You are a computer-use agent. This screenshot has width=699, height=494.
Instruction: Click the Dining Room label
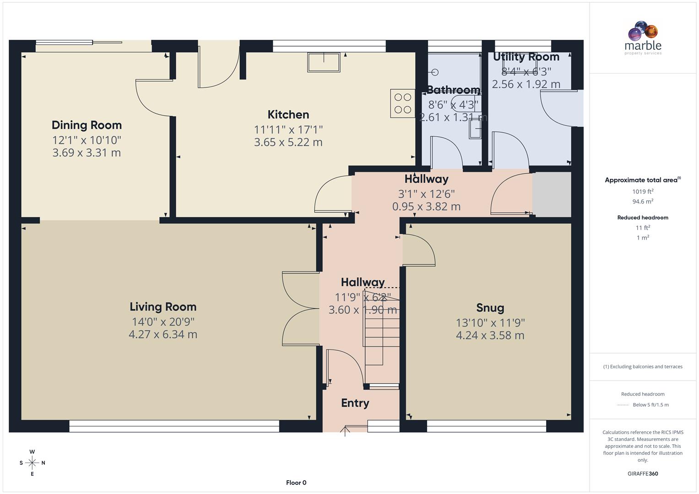tap(87, 125)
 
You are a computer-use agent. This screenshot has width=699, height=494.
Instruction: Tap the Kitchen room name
tap(288, 114)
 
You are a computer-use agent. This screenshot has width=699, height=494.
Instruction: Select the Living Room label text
tap(163, 306)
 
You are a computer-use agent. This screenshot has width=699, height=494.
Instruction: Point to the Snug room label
tap(490, 308)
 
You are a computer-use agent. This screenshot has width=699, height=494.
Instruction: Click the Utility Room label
tap(526, 57)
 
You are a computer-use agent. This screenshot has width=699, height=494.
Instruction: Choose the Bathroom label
tap(453, 90)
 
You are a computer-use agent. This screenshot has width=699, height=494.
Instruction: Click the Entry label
tap(355, 403)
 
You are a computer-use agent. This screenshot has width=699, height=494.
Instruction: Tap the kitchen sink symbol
tap(324, 62)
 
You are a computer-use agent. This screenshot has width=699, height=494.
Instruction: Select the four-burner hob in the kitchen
tap(402, 103)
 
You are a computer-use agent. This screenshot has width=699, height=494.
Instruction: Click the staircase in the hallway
tap(381, 338)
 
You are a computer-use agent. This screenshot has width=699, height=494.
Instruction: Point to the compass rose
tap(32, 463)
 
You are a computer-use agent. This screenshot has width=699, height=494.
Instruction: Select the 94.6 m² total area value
tap(643, 202)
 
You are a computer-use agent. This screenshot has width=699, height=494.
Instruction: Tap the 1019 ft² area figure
tap(643, 192)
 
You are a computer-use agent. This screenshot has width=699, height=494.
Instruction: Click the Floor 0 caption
tap(296, 483)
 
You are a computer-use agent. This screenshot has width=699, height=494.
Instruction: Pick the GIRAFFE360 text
tap(643, 473)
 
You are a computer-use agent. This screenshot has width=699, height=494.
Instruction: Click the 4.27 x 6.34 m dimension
tap(163, 334)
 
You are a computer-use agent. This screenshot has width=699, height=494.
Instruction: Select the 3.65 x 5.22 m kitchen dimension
tap(288, 142)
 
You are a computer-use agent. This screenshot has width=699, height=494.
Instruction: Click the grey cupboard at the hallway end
tap(552, 194)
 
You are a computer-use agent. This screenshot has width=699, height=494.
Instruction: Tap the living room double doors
tap(301, 309)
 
